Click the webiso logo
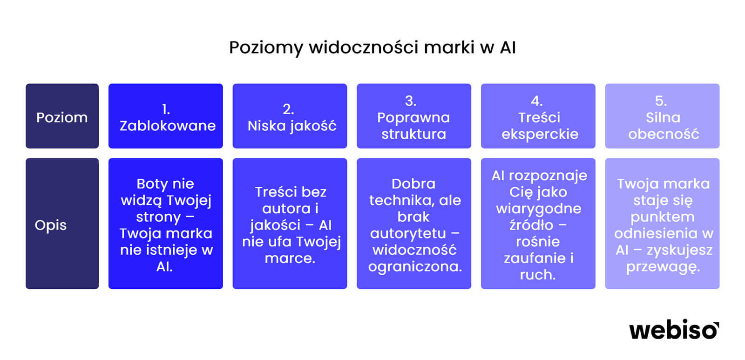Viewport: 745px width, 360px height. tap(674, 330)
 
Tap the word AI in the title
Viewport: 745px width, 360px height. tap(508, 47)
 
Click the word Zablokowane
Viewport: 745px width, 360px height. tap(168, 126)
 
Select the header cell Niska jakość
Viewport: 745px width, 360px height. tap(290, 116)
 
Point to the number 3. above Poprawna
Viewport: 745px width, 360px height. tap(411, 101)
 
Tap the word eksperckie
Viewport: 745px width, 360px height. tap(540, 135)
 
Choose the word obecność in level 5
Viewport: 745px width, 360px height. tap(664, 134)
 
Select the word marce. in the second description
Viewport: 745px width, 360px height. tap(290, 258)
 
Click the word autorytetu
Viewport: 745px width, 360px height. tap(408, 234)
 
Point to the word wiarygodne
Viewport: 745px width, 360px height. tap(538, 209)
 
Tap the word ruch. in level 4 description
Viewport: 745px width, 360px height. tap(538, 275)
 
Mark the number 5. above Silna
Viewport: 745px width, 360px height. tap(661, 101)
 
